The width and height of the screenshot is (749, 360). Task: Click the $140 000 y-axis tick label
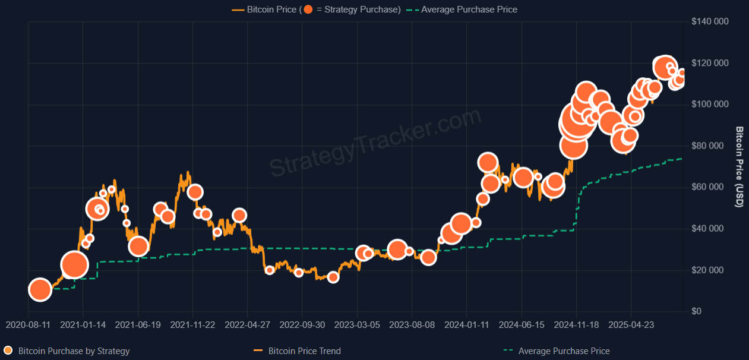tap(710, 22)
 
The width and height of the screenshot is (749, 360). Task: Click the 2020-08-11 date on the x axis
tap(29, 325)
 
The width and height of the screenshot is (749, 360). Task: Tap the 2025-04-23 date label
tap(631, 325)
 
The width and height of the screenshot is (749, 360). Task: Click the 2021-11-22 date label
tap(192, 325)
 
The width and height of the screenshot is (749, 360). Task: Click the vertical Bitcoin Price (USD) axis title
tap(739, 167)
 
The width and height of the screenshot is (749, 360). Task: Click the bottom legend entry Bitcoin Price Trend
tap(304, 351)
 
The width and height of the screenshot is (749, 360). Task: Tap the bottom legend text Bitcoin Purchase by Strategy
tap(74, 351)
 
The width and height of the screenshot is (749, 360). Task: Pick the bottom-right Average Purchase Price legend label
tap(564, 351)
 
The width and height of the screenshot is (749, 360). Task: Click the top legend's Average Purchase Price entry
tap(469, 10)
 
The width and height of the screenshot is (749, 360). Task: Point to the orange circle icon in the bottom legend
tap(8, 350)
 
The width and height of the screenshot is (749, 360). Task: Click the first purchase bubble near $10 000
tap(40, 290)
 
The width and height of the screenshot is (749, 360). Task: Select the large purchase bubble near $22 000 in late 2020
tap(74, 265)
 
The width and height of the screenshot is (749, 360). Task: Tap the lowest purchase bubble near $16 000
tap(333, 277)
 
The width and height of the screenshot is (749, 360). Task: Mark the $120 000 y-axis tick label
tap(710, 64)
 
